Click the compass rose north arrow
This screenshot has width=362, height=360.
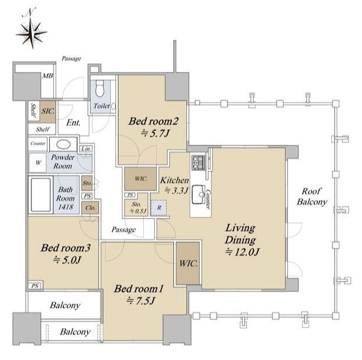(32, 29)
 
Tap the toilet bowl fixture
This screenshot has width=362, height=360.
(100, 88)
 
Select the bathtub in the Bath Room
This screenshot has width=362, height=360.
(41, 195)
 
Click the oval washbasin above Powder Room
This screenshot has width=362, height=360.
(63, 145)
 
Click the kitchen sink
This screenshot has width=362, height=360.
(198, 194)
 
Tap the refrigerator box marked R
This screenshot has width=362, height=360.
(159, 208)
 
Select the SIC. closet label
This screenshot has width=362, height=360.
(48, 111)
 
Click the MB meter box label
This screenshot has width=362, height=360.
(48, 75)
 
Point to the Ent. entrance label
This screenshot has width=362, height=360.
(73, 122)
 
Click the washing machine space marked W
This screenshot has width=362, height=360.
(38, 163)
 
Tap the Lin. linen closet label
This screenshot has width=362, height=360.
(86, 149)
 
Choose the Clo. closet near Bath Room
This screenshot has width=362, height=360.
(91, 208)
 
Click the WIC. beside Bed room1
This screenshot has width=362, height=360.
(189, 263)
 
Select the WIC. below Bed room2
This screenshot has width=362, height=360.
(141, 179)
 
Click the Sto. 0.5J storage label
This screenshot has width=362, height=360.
(138, 208)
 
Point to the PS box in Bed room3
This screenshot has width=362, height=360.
(35, 286)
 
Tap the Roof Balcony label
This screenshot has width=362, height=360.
(312, 197)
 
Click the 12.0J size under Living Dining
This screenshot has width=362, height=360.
(242, 252)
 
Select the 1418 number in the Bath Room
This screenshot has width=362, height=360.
(66, 207)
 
